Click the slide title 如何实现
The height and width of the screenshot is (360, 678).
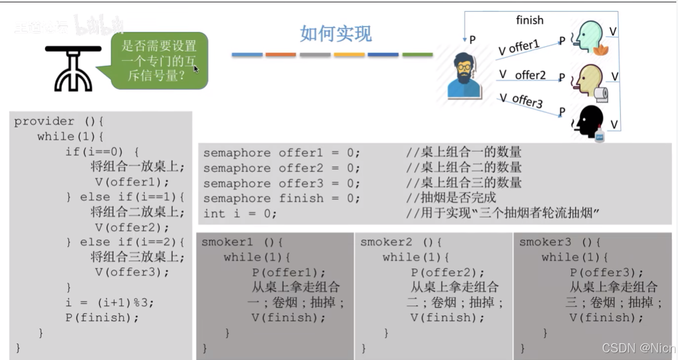tap(336, 34)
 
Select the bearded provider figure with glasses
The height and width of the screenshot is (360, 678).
tap(464, 75)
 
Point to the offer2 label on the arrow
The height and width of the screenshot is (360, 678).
tap(530, 75)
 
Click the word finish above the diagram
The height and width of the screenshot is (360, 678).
tap(530, 20)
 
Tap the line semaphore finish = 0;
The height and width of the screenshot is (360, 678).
tap(282, 198)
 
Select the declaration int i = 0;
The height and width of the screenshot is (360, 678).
tap(240, 213)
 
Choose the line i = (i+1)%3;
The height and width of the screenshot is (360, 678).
tap(110, 302)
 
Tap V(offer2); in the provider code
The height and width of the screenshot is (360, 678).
tap(124, 227)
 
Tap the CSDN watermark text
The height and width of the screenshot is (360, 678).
tap(638, 348)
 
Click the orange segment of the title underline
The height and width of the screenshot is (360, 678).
tap(280, 54)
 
